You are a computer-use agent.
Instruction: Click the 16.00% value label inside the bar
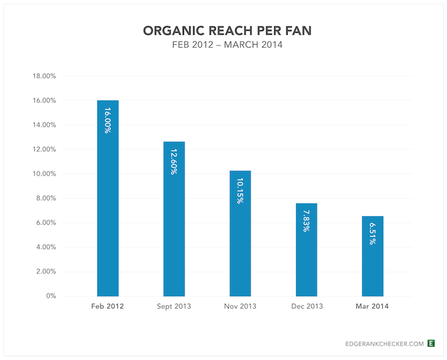[108, 120]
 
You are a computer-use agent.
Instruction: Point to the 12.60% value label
[174, 162]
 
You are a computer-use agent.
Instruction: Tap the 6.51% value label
[372, 232]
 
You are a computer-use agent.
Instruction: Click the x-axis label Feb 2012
[108, 305]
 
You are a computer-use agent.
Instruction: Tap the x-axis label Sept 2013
[174, 305]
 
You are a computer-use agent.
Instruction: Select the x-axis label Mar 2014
[372, 305]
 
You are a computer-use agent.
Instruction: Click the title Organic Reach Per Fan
[223, 31]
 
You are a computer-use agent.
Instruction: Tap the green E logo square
[431, 343]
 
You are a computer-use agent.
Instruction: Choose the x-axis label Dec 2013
[306, 305]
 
